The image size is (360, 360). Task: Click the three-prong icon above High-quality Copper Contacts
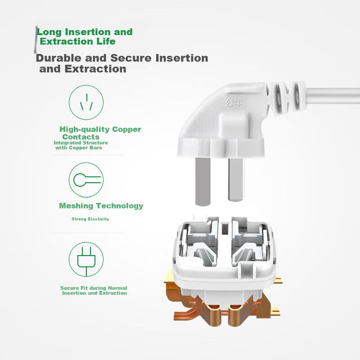86,103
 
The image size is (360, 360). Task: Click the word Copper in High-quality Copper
126,130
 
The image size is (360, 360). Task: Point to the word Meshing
76,206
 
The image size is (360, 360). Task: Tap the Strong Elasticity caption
90,219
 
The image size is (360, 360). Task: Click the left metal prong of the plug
203,181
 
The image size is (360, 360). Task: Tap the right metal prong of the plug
235,180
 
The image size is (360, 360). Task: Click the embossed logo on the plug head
234,103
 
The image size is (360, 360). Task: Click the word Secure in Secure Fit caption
69,288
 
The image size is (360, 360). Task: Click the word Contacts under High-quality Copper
81,137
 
